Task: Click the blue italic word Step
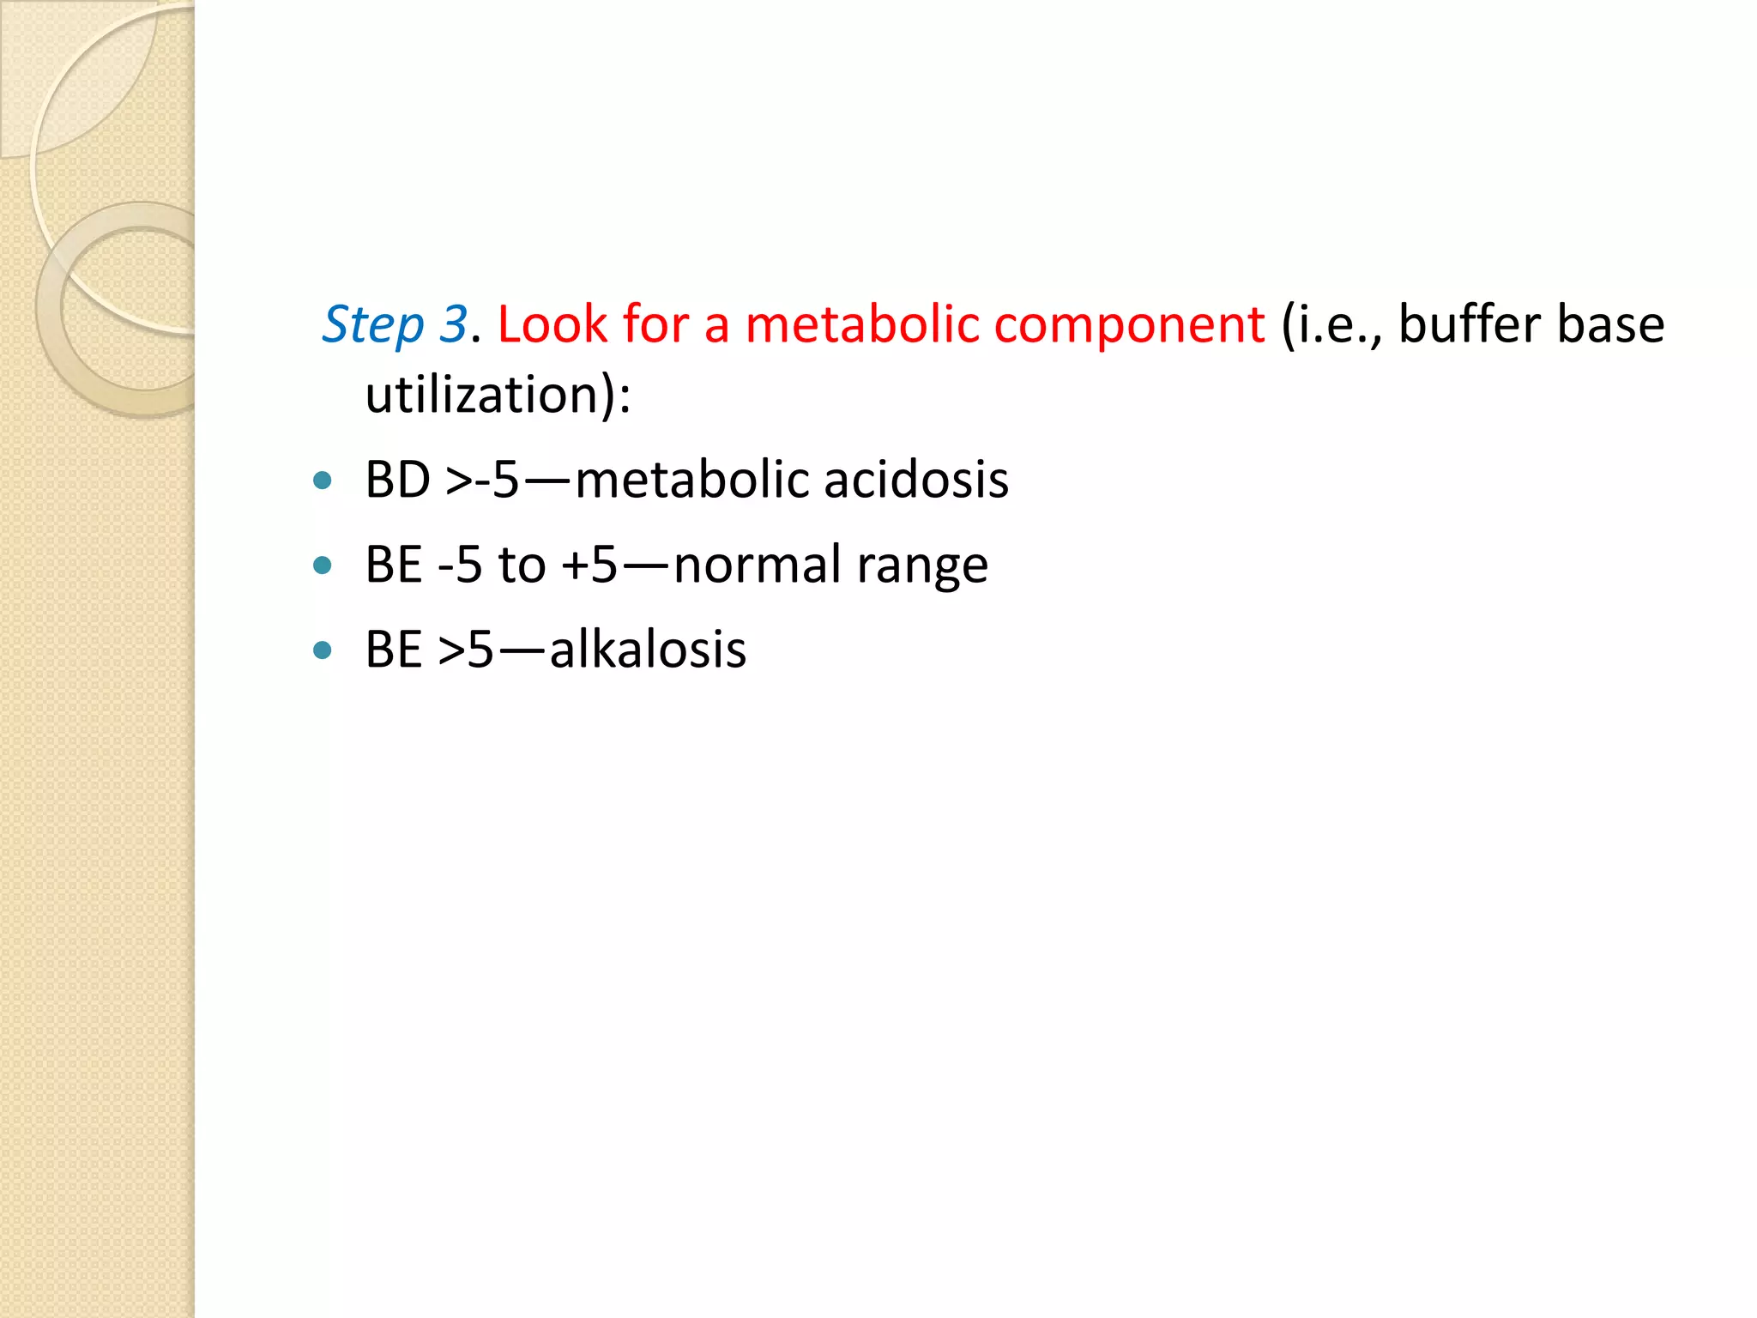click(372, 326)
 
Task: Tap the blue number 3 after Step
click(453, 324)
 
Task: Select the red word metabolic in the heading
click(861, 324)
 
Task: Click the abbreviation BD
click(397, 479)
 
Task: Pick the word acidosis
click(916, 479)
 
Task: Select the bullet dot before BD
click(323, 481)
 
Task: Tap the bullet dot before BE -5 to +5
click(323, 565)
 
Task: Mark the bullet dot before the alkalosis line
click(323, 650)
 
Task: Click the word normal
click(758, 565)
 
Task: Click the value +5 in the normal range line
click(589, 565)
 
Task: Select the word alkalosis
click(648, 650)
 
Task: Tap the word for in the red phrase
click(655, 324)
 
